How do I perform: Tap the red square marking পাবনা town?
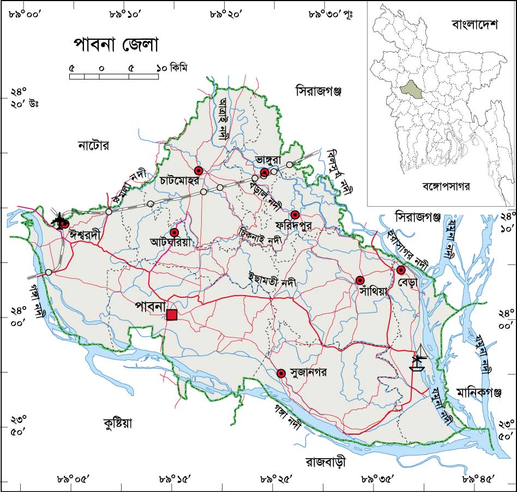pos(172,315)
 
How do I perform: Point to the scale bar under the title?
pos(114,76)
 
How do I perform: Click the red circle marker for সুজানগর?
pos(281,374)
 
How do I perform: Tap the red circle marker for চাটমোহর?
pos(199,170)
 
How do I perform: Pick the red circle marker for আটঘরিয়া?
pos(175,233)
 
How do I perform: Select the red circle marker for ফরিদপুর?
pos(295,214)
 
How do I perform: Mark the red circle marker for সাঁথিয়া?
pos(360,280)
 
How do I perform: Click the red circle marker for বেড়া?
pos(401,270)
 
